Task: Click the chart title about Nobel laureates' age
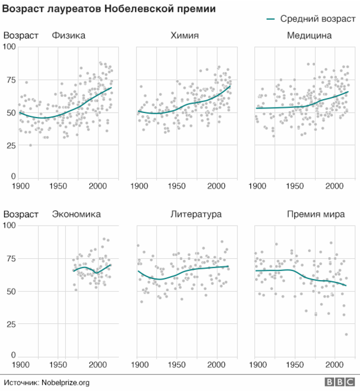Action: (109, 10)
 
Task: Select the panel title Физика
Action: (69, 36)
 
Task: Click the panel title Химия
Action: (184, 36)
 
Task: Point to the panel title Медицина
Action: (309, 36)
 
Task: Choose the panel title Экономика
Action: (76, 214)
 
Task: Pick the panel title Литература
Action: (196, 214)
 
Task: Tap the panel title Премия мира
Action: (316, 214)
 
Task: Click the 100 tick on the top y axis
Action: (9, 47)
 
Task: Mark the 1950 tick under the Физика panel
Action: (59, 186)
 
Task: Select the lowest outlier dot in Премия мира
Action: (346, 335)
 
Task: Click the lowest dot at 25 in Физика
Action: (30, 145)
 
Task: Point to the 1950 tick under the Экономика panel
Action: (59, 364)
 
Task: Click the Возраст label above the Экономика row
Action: (21, 214)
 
